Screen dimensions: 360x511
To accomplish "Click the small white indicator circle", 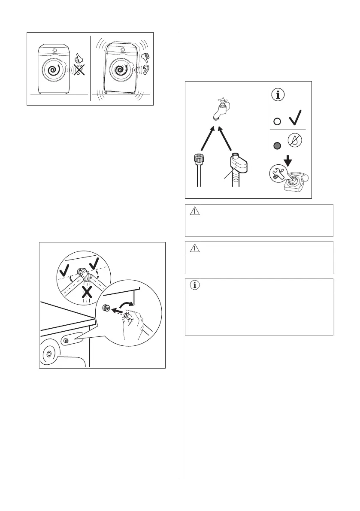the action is (x=277, y=121).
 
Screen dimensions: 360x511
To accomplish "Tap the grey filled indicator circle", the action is (x=277, y=145).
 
